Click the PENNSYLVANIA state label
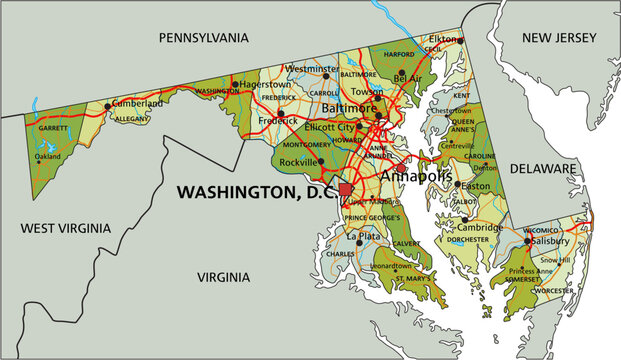point(203,37)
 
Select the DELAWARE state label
point(544,169)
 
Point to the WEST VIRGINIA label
point(63,228)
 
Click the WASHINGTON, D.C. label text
point(255,190)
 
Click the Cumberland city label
point(136,103)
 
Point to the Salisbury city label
point(551,241)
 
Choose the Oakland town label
point(47,156)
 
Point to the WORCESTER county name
point(556,290)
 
